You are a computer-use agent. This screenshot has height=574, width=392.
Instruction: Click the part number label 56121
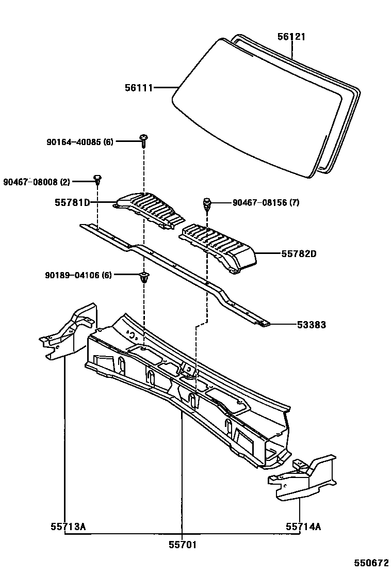291,37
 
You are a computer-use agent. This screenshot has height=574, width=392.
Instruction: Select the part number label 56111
139,88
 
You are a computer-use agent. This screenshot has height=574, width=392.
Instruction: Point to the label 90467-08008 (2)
36,182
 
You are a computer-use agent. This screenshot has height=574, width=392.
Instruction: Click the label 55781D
72,203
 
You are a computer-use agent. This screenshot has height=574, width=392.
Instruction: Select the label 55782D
299,254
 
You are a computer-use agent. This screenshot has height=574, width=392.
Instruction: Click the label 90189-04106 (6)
78,275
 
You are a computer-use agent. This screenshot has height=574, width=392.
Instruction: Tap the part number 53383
311,325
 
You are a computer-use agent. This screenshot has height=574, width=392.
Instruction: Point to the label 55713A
68,527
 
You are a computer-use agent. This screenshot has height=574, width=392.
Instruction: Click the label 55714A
303,527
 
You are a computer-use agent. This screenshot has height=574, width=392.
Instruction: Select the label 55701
183,545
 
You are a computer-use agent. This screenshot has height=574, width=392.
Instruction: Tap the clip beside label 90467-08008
97,180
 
